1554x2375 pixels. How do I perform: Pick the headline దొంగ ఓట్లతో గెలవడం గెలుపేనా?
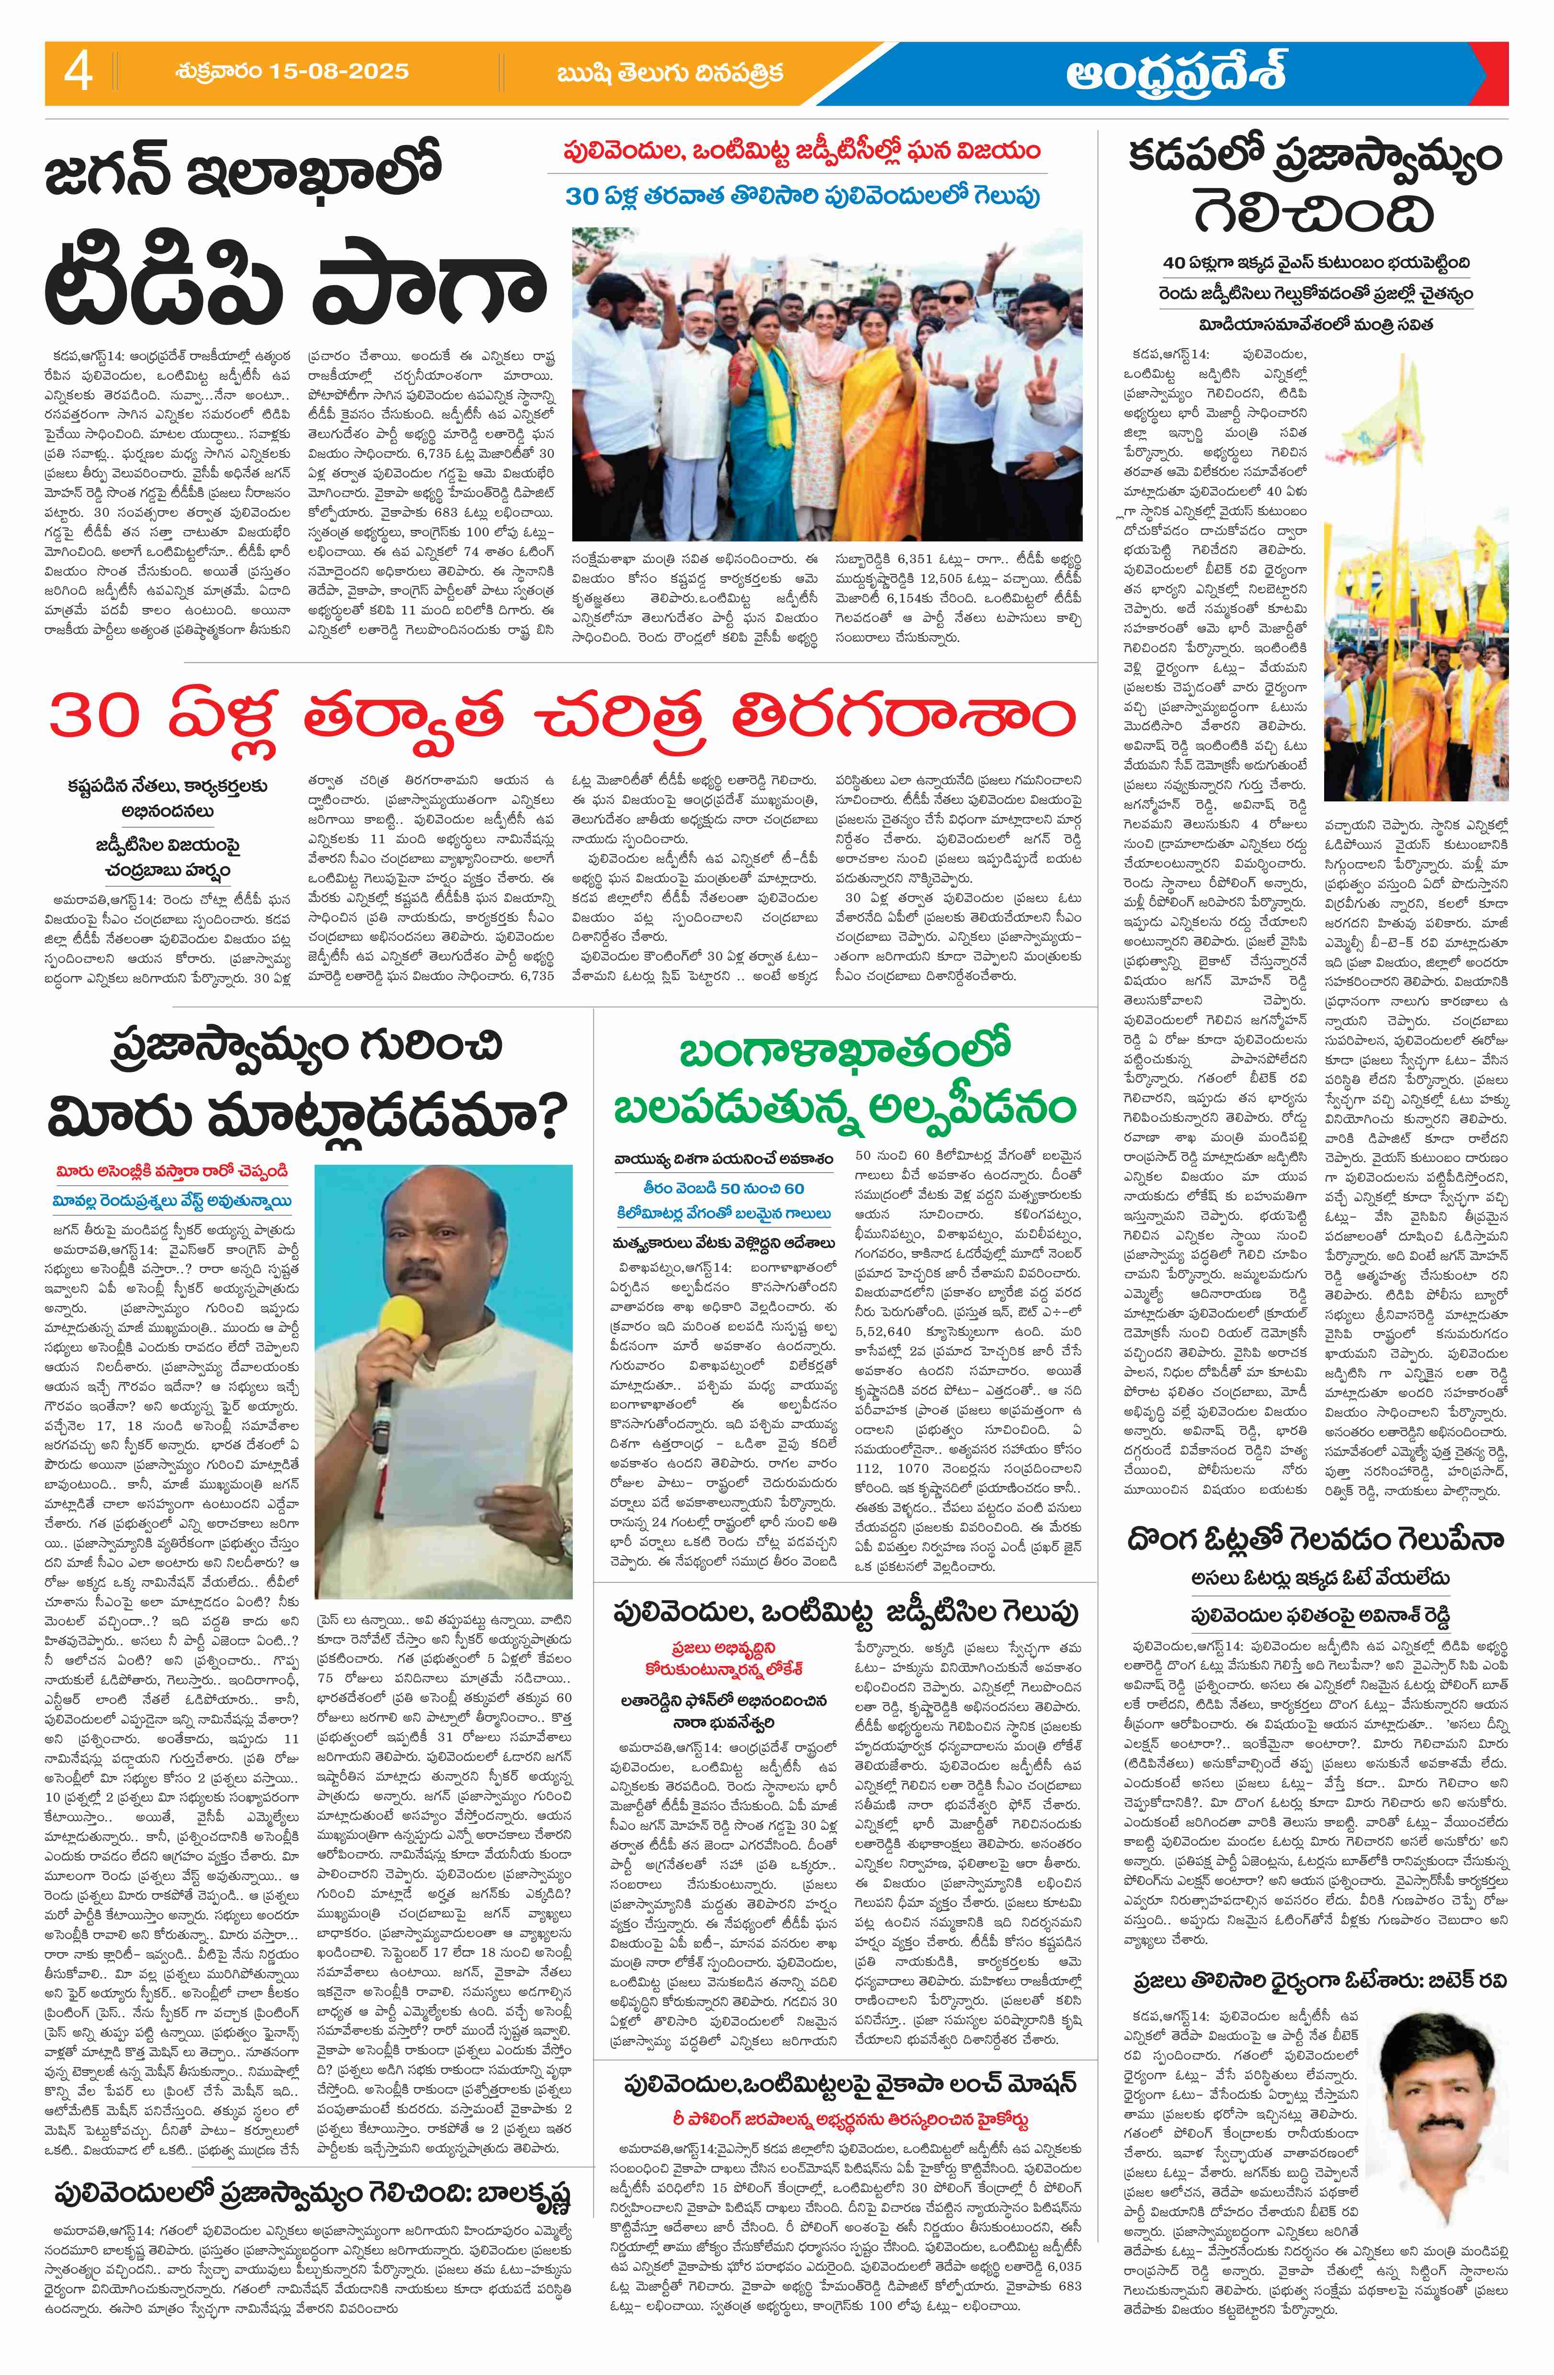click(x=1316, y=1540)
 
